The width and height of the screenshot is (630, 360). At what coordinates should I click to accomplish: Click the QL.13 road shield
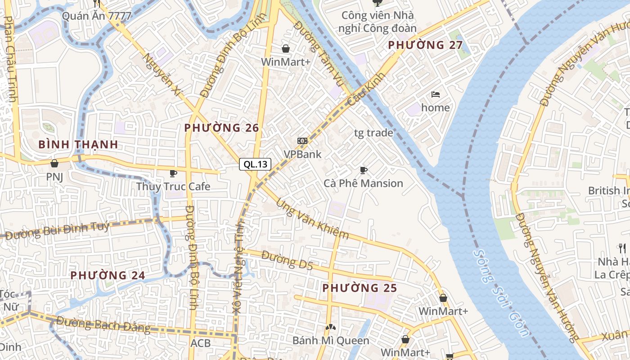(x=256, y=164)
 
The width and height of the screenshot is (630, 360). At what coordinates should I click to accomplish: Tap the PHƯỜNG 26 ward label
(x=222, y=128)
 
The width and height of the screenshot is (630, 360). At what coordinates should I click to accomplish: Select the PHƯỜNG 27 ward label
(x=425, y=45)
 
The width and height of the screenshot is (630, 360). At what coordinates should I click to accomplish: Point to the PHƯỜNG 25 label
(x=360, y=288)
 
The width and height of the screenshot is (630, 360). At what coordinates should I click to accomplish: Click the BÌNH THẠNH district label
(x=78, y=144)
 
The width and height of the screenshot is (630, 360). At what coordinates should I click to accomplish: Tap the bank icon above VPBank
(x=302, y=141)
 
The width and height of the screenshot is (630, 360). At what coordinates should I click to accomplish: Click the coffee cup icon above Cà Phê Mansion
(x=364, y=170)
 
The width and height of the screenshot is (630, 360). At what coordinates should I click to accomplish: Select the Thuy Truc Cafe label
(x=173, y=186)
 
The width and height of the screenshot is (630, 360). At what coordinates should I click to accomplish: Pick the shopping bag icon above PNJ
(x=54, y=163)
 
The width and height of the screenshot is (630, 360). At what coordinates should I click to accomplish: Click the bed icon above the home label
(x=435, y=94)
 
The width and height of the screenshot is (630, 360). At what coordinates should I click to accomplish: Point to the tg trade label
(x=373, y=133)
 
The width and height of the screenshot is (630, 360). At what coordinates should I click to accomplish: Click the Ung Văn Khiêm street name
(x=312, y=219)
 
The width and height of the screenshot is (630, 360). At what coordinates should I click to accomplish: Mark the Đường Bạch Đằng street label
(x=103, y=324)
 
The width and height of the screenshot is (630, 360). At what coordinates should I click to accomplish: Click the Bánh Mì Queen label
(x=331, y=340)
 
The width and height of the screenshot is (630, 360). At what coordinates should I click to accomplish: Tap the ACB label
(x=200, y=343)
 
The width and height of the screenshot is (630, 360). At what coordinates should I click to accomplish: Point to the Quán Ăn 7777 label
(x=97, y=16)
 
